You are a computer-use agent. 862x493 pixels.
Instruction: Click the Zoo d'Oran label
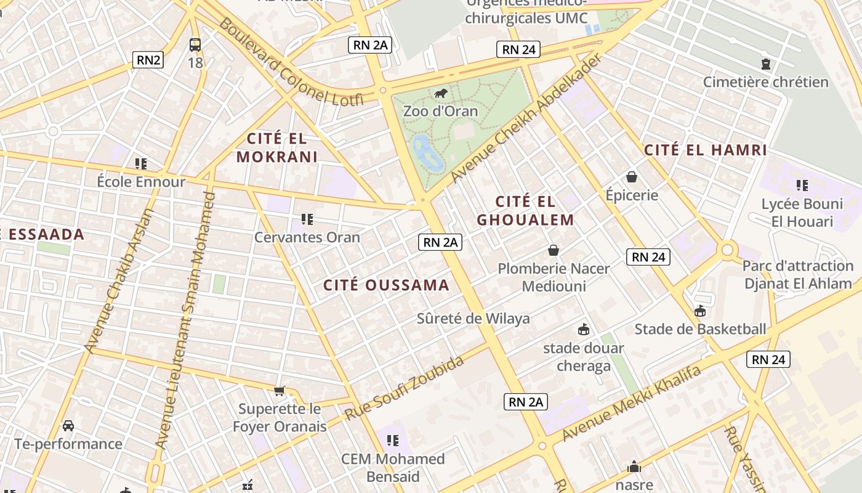pyautogui.click(x=440, y=111)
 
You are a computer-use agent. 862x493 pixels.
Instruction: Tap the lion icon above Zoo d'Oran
pyautogui.click(x=440, y=94)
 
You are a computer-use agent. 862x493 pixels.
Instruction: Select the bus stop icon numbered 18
pyautogui.click(x=195, y=45)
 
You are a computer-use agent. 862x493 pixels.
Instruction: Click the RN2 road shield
pyautogui.click(x=148, y=60)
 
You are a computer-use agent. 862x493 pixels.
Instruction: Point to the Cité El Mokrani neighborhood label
pyautogui.click(x=276, y=147)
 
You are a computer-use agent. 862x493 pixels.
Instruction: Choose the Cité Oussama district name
pyautogui.click(x=386, y=285)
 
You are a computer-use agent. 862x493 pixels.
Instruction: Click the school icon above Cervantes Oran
pyautogui.click(x=307, y=219)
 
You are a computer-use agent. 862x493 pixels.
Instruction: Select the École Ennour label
pyautogui.click(x=141, y=182)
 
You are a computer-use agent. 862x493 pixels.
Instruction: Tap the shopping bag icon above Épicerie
pyautogui.click(x=631, y=177)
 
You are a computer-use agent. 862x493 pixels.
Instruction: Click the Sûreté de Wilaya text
pyautogui.click(x=473, y=319)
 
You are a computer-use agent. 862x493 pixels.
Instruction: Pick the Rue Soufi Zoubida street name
pyautogui.click(x=404, y=388)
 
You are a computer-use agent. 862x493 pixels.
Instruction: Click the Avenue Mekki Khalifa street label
pyautogui.click(x=632, y=404)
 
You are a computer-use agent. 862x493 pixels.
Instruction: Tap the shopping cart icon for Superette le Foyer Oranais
pyautogui.click(x=280, y=391)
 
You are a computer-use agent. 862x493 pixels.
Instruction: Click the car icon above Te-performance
pyautogui.click(x=68, y=426)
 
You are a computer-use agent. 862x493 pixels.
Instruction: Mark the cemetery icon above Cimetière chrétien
pyautogui.click(x=765, y=64)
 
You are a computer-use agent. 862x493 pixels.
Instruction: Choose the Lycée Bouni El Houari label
pyautogui.click(x=802, y=213)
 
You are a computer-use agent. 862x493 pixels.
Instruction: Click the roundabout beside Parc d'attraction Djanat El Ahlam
pyautogui.click(x=728, y=250)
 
